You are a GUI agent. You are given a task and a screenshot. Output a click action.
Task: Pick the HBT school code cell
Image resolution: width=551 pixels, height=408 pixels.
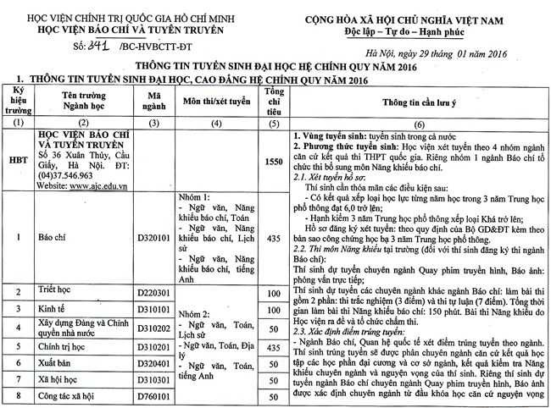click(x=17, y=158)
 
